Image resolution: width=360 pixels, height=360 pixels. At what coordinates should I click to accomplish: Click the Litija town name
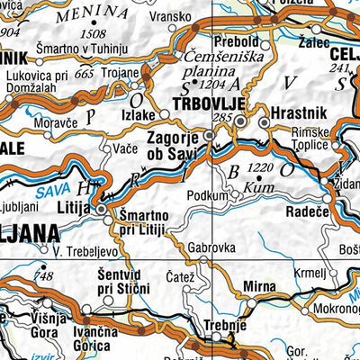click(x=81, y=208)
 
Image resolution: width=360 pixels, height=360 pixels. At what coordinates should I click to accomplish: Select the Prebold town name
click(x=236, y=43)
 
